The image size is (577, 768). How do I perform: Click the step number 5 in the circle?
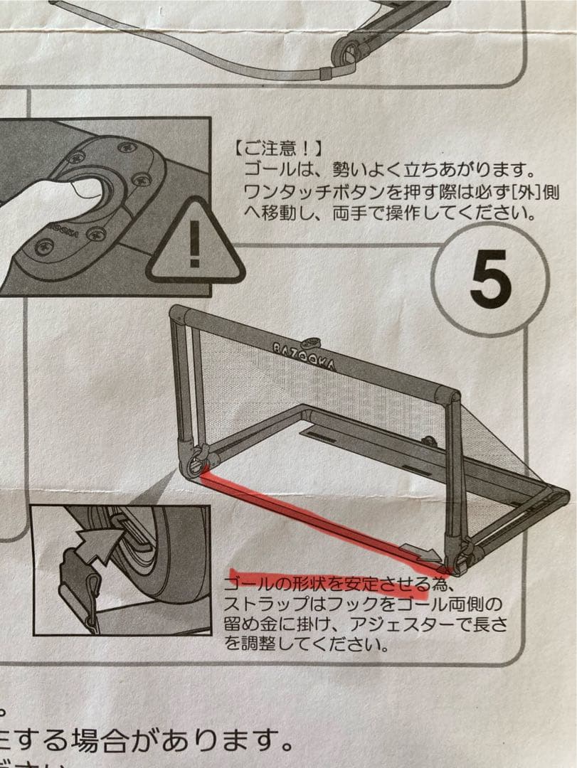tap(490, 282)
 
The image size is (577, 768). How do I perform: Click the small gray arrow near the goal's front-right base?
tap(420, 550)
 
